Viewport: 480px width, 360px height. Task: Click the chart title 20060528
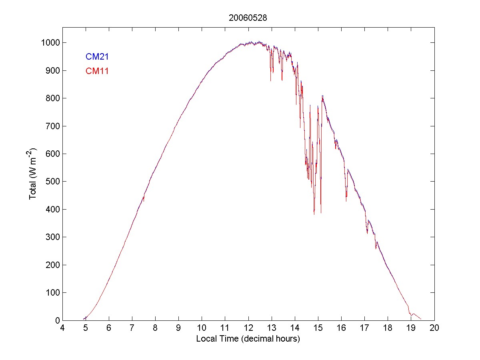(x=248, y=18)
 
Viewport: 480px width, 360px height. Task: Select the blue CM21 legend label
(x=97, y=57)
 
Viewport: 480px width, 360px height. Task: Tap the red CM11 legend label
(x=97, y=71)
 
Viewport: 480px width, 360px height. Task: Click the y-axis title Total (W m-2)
(x=33, y=174)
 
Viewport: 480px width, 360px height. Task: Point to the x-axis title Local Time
(x=248, y=339)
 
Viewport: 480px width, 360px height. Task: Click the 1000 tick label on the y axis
(x=50, y=43)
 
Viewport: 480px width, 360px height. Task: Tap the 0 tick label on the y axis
(x=58, y=320)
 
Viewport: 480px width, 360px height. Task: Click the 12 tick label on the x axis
(x=248, y=328)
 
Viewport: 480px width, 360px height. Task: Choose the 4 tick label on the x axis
(x=62, y=328)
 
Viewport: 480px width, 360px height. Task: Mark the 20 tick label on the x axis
(x=434, y=328)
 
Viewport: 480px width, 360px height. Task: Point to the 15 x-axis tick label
(x=318, y=328)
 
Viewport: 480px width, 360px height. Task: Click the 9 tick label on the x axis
(x=179, y=328)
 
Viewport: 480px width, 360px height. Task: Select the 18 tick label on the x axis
(x=388, y=328)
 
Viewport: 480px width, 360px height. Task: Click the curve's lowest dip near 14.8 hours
(x=314, y=214)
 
